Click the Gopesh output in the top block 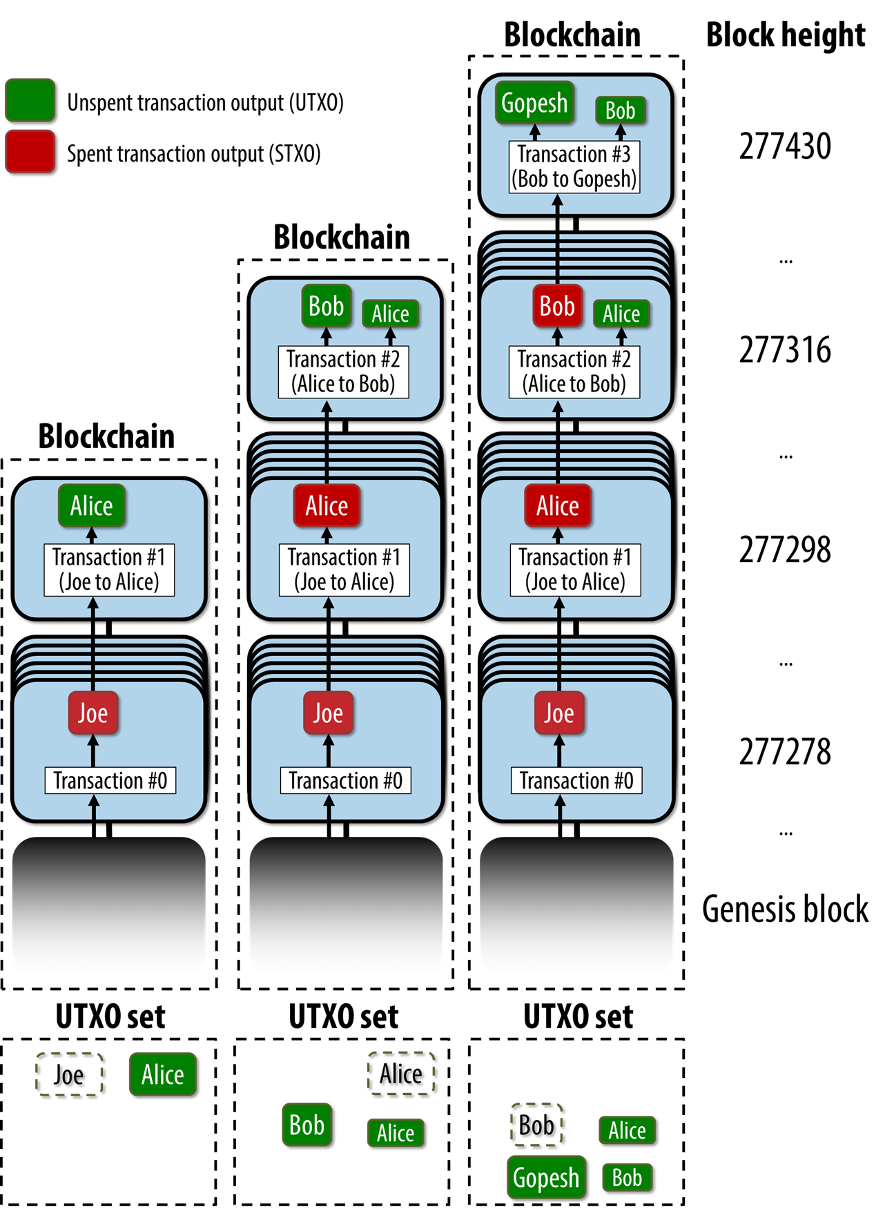(x=534, y=103)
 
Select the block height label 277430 (x=785, y=146)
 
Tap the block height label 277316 (x=785, y=350)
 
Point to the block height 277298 (x=785, y=550)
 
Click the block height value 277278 (x=785, y=752)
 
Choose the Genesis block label (x=785, y=909)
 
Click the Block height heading (x=786, y=35)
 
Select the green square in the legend (x=30, y=101)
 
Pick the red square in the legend (x=30, y=151)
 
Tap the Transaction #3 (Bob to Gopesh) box (x=574, y=166)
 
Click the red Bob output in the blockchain (x=557, y=306)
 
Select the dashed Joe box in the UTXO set (x=69, y=1074)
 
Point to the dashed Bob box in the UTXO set (x=536, y=1125)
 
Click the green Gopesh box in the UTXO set (x=546, y=1177)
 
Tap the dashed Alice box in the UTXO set (x=401, y=1074)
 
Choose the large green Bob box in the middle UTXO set (x=307, y=1125)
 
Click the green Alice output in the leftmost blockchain (x=92, y=506)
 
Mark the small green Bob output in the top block (x=620, y=110)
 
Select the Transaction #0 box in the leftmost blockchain (x=110, y=781)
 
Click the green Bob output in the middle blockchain (x=327, y=306)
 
